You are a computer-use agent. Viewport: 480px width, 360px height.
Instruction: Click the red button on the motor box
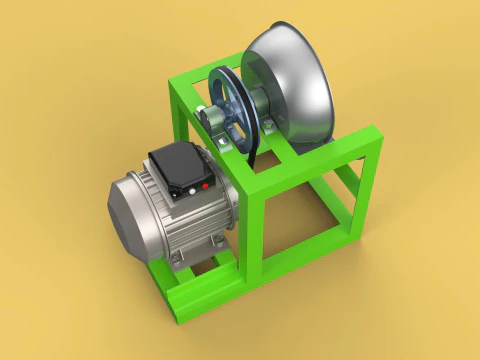(206, 185)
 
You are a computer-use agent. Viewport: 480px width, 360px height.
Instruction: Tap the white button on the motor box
(188, 190)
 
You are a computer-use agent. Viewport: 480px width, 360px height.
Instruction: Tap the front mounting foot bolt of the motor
(177, 262)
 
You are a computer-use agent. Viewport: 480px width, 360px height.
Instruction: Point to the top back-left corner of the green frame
(172, 79)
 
